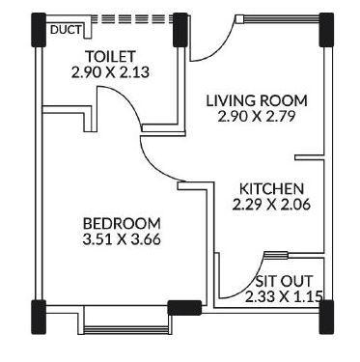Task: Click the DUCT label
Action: pos(63,30)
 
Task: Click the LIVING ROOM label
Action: pos(258,99)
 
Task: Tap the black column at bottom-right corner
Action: pos(325,315)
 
